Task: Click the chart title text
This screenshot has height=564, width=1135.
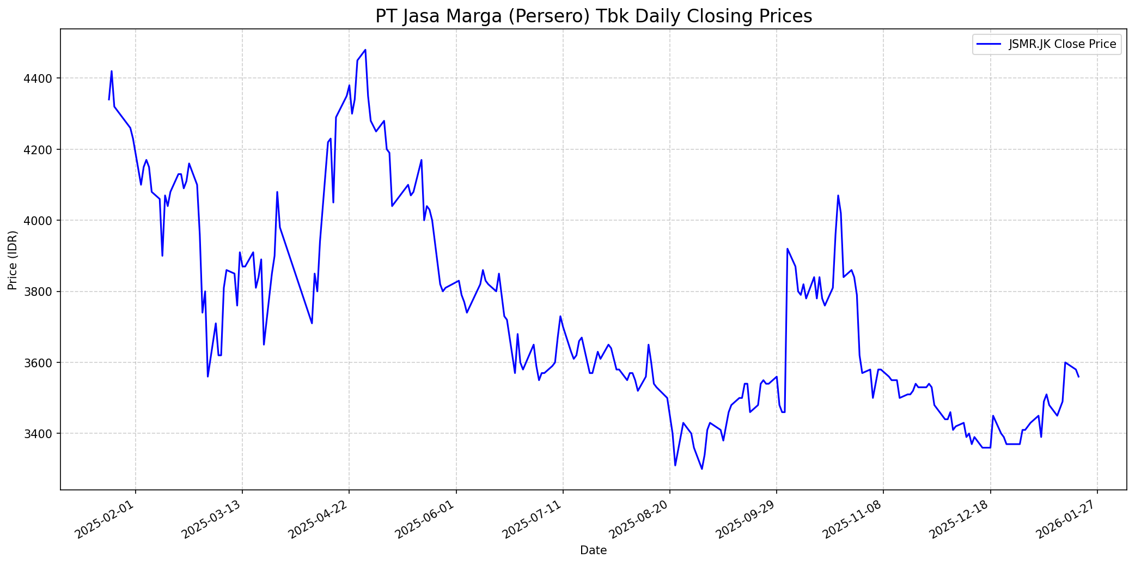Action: click(x=593, y=16)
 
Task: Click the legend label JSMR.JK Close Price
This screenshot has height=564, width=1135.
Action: click(x=1062, y=44)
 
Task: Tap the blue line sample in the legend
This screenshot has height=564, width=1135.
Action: click(x=989, y=44)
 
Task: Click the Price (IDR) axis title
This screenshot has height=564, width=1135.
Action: click(x=13, y=260)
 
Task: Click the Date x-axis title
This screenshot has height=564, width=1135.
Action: click(x=593, y=550)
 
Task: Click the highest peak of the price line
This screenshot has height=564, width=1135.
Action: click(x=365, y=50)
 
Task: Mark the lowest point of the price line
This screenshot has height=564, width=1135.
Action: click(x=701, y=469)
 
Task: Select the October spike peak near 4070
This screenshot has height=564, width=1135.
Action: click(x=838, y=195)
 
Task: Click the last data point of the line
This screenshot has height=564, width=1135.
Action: click(x=1078, y=377)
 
